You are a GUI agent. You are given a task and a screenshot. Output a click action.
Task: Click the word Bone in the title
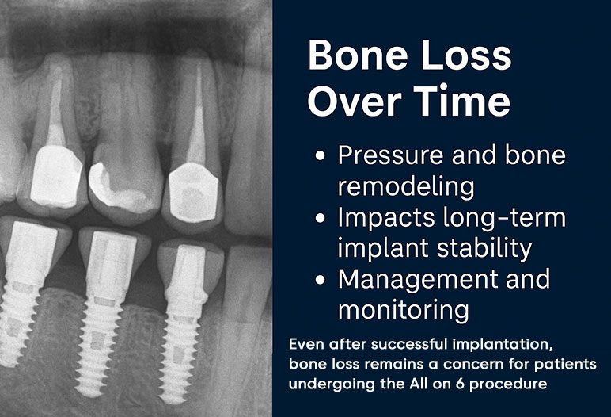point(358,55)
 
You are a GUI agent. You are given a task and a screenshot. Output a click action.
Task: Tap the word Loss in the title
point(466,55)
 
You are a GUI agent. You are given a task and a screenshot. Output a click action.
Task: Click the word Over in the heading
point(355,101)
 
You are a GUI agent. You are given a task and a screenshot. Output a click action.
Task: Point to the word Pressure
point(390,155)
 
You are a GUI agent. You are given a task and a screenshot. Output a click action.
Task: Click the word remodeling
point(406,186)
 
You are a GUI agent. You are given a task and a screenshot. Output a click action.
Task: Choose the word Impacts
point(386,217)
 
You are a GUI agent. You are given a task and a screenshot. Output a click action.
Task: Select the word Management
point(417,279)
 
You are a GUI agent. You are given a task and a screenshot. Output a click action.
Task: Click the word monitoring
point(404,310)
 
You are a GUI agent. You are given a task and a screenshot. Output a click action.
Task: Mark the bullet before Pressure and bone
point(321,156)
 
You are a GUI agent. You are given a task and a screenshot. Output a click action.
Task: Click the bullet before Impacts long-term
point(321,218)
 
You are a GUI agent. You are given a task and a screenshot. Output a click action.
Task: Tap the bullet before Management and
point(321,280)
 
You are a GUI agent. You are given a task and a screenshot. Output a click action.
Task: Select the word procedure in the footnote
point(508,384)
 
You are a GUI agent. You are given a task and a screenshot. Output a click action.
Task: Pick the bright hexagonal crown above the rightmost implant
point(193,193)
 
